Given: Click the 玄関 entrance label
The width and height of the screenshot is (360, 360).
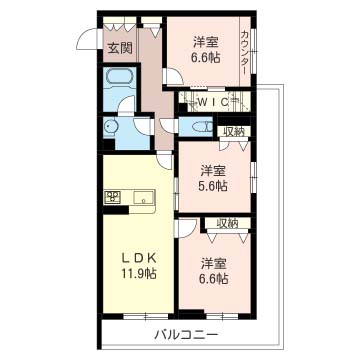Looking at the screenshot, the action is pyautogui.click(x=120, y=49).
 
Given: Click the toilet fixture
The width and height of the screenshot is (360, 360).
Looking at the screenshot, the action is pyautogui.click(x=202, y=126).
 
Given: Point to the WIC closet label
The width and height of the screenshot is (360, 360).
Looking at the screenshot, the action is pyautogui.click(x=213, y=102).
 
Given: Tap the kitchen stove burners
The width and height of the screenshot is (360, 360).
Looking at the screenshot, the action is pyautogui.click(x=112, y=197).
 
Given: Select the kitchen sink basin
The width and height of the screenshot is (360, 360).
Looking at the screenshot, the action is pyautogui.click(x=144, y=198).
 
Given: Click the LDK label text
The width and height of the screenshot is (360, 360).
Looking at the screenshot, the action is pyautogui.click(x=139, y=259).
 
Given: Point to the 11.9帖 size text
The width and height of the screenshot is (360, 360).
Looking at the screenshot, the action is pyautogui.click(x=139, y=274).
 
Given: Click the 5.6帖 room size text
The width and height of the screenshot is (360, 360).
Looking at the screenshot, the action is pyautogui.click(x=214, y=186).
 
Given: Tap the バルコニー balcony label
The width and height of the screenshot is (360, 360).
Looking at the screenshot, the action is pyautogui.click(x=186, y=334).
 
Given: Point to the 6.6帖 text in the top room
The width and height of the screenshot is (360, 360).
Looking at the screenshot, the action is pyautogui.click(x=205, y=58).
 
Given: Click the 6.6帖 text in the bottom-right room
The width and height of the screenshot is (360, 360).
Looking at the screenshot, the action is pyautogui.click(x=214, y=278).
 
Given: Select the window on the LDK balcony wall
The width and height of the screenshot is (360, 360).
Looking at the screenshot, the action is pyautogui.click(x=146, y=316).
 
